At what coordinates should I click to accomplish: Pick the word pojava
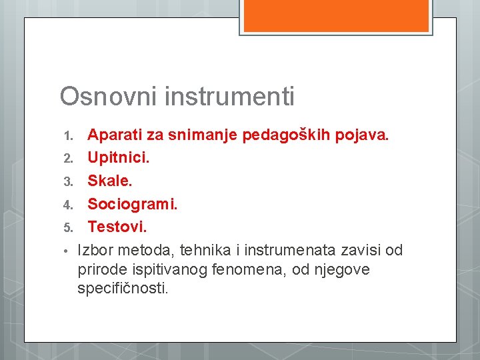pyautogui.click(x=362, y=136)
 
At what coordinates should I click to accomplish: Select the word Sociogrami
pyautogui.click(x=133, y=205)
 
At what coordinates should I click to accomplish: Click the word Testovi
pyautogui.click(x=117, y=227)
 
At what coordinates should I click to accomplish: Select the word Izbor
pyautogui.click(x=95, y=250)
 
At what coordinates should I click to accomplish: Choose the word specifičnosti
pyautogui.click(x=123, y=289)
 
